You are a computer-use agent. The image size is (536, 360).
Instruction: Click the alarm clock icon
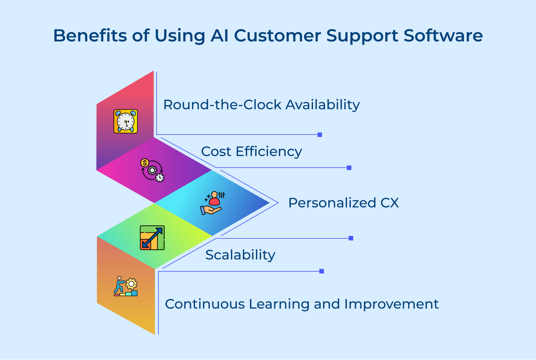(126, 121)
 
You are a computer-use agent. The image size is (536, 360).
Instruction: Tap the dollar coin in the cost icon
(144, 163)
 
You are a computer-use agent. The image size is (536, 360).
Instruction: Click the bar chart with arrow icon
(152, 238)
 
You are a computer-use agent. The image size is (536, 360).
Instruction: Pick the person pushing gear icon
(125, 286)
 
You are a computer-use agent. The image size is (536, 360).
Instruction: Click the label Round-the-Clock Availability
(261, 105)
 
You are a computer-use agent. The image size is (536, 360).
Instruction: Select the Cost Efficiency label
(251, 152)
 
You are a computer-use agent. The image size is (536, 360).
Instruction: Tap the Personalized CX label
(343, 203)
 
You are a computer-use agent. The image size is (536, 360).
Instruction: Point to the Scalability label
(240, 255)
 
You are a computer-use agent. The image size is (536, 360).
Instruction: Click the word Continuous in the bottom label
(205, 304)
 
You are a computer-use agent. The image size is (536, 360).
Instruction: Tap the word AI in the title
(220, 36)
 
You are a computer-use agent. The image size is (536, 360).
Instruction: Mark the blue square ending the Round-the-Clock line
(320, 135)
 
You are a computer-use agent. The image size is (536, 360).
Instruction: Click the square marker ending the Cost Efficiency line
(349, 168)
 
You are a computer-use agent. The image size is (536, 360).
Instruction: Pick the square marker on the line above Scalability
(351, 238)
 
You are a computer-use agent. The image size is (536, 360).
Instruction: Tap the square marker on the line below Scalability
(322, 271)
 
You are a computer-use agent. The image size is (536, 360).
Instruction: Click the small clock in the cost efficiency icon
(160, 178)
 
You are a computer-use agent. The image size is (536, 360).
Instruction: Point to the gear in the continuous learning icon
(131, 284)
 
